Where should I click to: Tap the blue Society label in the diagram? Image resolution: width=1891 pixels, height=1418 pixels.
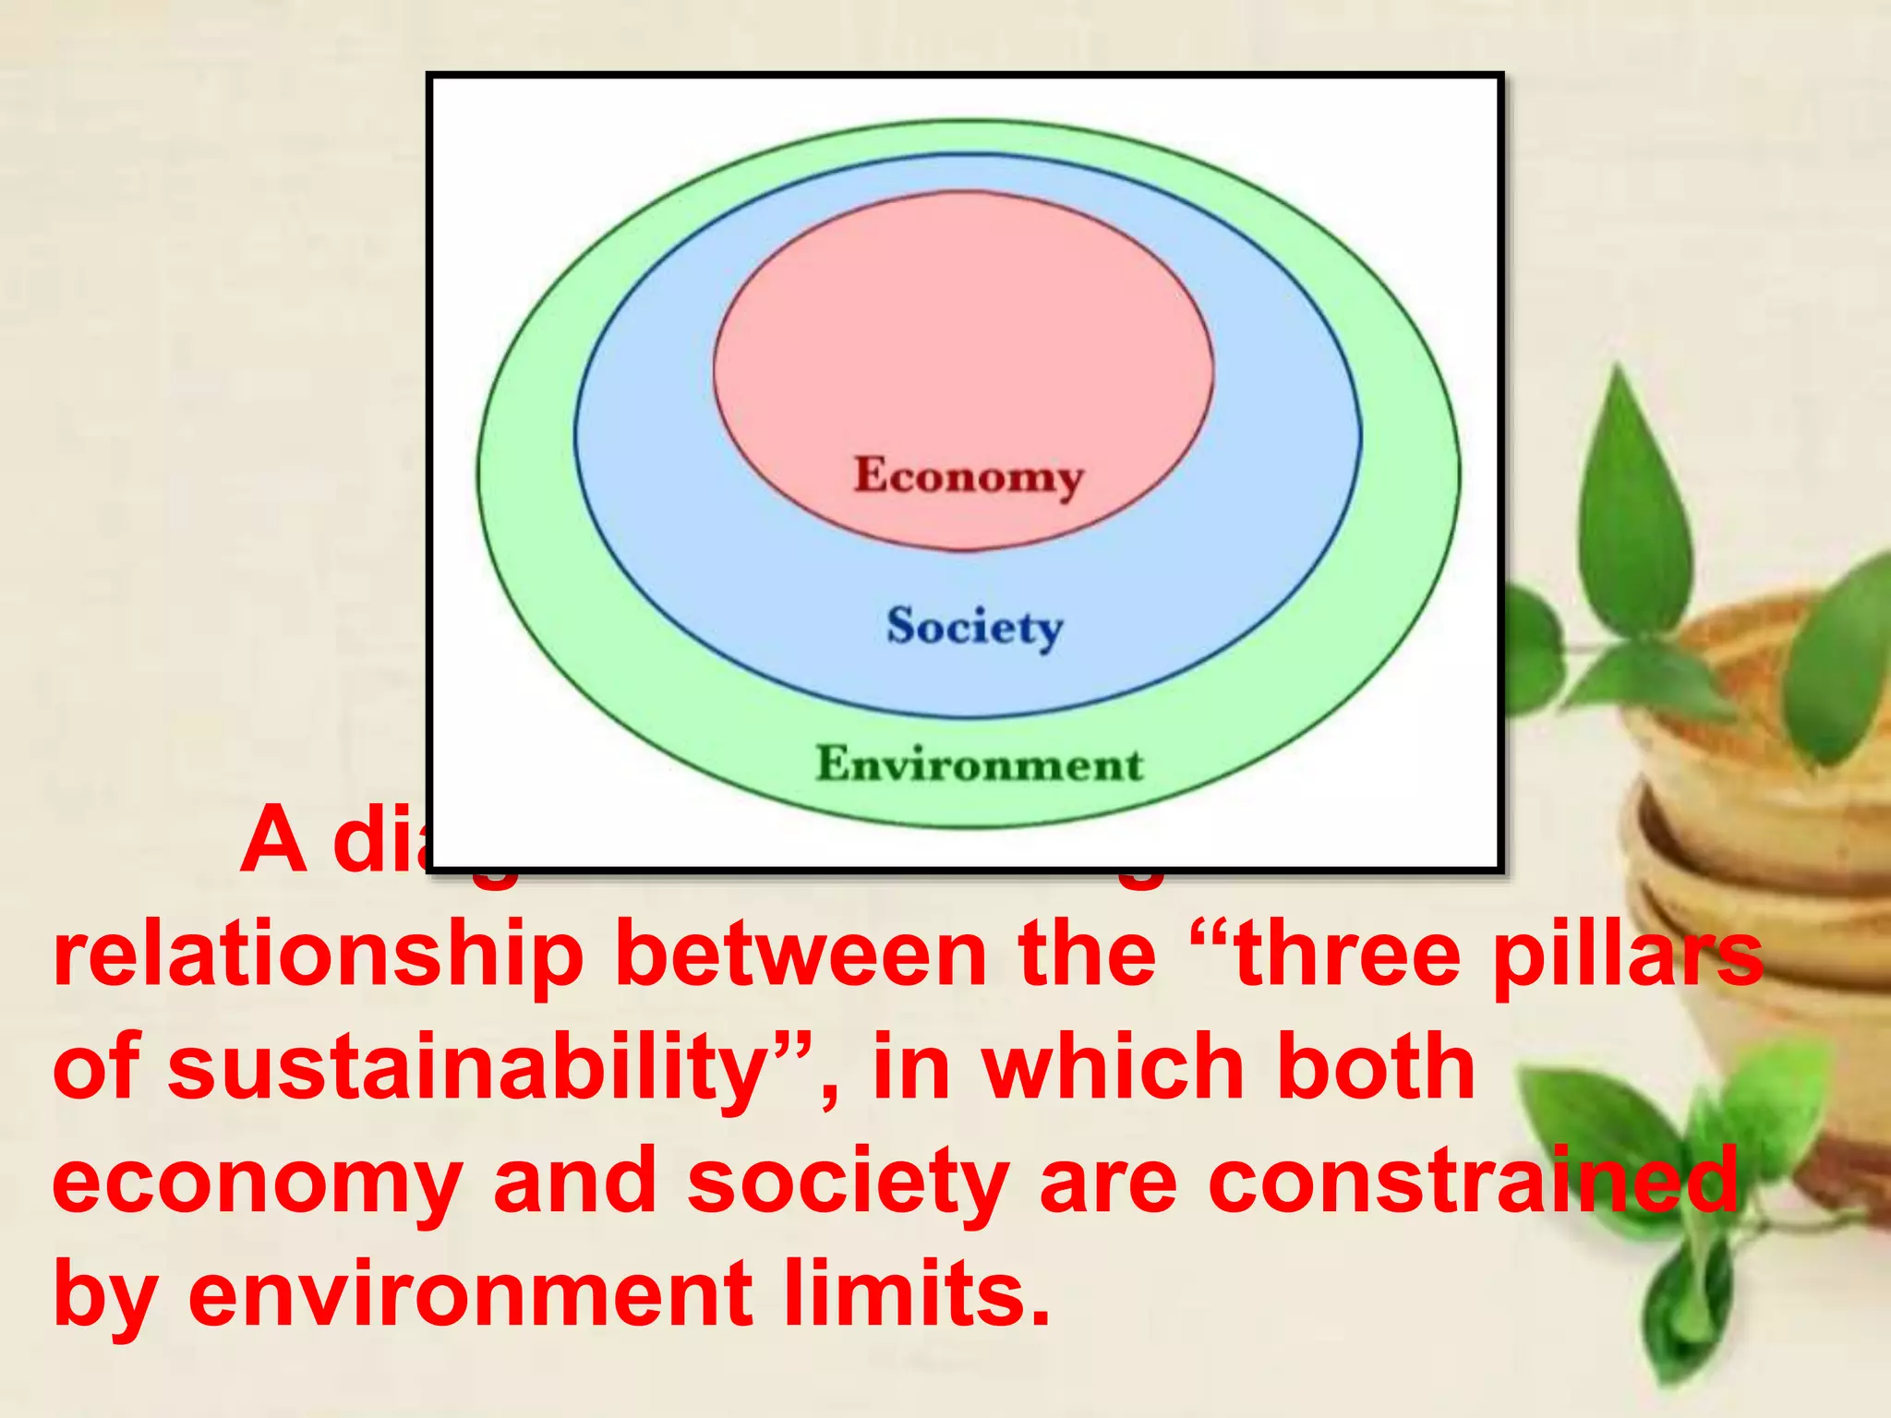point(974,627)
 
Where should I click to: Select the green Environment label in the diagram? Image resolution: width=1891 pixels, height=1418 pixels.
point(979,764)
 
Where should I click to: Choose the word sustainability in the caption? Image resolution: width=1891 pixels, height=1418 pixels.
point(462,1069)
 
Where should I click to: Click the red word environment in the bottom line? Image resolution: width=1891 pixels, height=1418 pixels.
point(471,1294)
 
